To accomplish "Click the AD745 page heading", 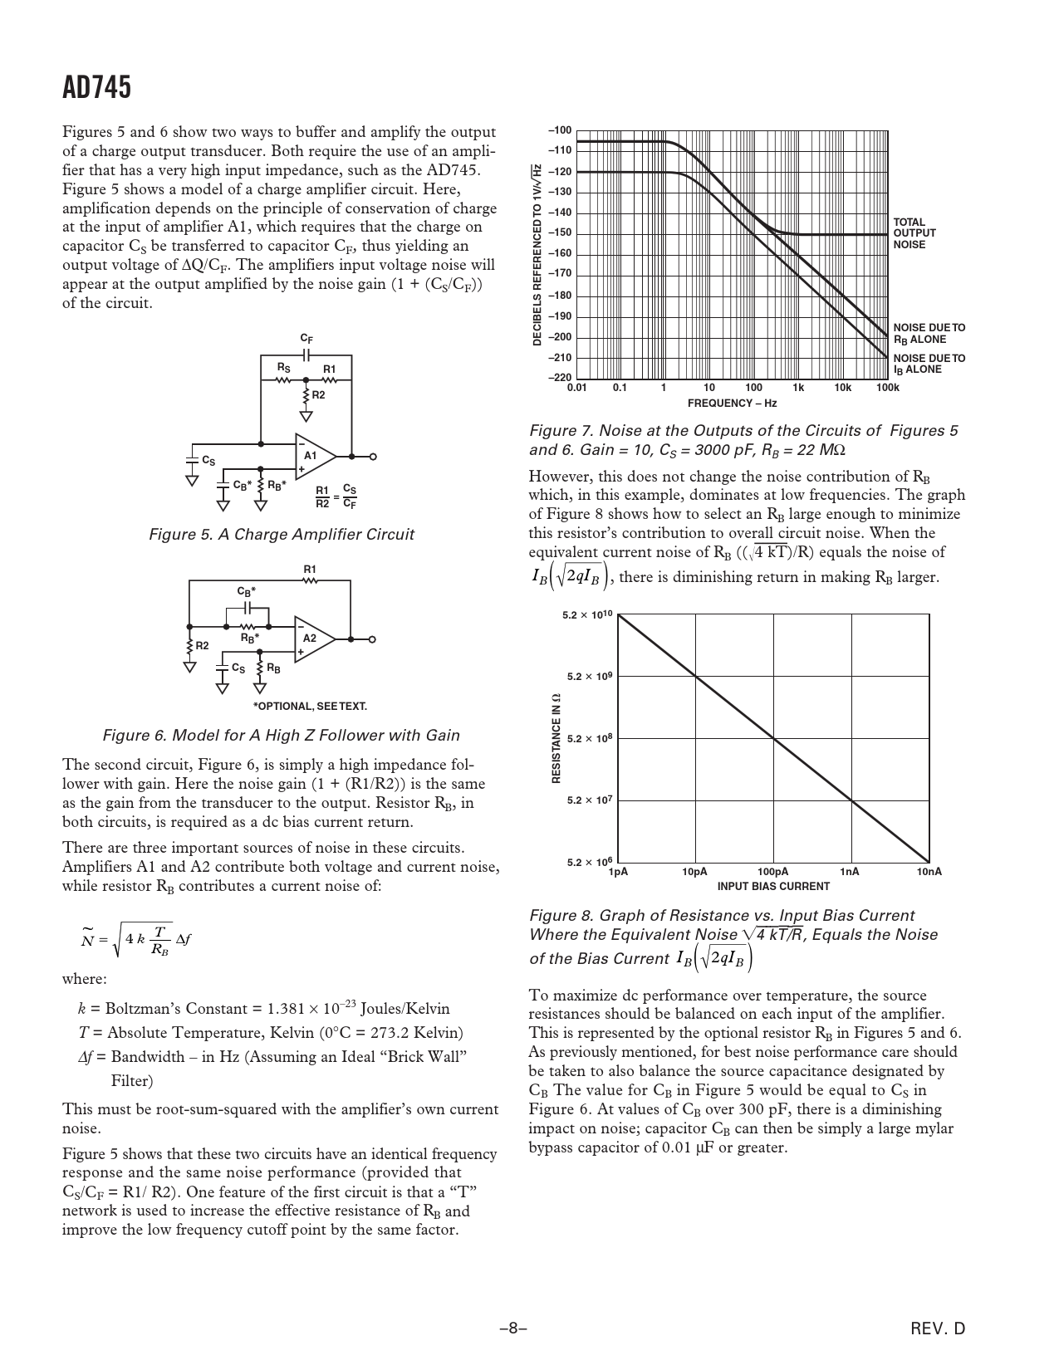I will coord(96,87).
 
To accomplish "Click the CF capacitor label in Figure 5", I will coord(306,339).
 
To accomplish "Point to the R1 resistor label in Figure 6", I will coord(310,570).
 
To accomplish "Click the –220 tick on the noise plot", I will coord(560,378).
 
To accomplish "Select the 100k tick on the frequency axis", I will coord(887,388).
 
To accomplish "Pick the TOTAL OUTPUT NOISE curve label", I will coord(914,233).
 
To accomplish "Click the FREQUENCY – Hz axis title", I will coord(732,404).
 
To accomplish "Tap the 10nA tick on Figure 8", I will coord(929,872).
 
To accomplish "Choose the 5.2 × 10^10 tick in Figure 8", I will coord(587,614).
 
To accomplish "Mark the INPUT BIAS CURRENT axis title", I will coord(773,886).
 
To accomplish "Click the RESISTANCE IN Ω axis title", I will coord(556,738).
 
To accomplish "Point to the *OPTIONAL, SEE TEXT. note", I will coord(310,707).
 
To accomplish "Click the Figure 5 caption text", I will coord(281,535).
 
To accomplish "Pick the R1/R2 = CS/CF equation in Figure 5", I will coord(336,497).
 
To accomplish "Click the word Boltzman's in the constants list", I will coord(157,1009).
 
